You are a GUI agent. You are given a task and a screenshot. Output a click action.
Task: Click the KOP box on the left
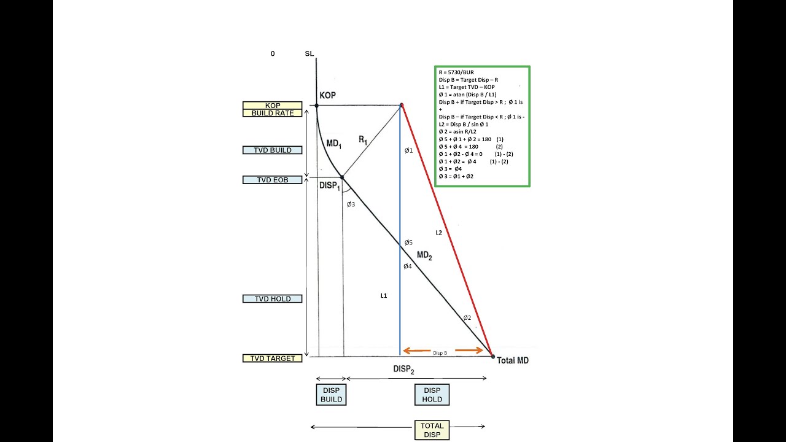pyautogui.click(x=273, y=106)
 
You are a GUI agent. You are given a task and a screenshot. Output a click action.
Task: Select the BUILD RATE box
pyautogui.click(x=273, y=113)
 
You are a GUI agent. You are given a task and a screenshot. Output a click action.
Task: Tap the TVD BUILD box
pyautogui.click(x=273, y=150)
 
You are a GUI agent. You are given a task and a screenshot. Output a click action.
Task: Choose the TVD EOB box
pyautogui.click(x=273, y=180)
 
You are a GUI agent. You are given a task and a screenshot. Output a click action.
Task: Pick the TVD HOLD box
pyautogui.click(x=273, y=299)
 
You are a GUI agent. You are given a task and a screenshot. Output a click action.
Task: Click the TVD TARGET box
pyautogui.click(x=273, y=358)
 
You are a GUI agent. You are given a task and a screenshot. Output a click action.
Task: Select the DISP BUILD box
pyautogui.click(x=331, y=394)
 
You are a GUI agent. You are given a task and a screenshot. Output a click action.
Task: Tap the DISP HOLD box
pyautogui.click(x=432, y=394)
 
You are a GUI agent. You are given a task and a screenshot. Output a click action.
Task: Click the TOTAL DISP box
pyautogui.click(x=432, y=430)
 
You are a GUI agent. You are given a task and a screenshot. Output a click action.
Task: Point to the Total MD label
pyautogui.click(x=513, y=360)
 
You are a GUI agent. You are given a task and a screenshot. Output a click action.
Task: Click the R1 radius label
pyautogui.click(x=363, y=141)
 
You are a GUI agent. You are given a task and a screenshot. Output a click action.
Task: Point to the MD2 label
pyautogui.click(x=424, y=255)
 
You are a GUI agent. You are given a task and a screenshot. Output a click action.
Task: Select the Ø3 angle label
pyautogui.click(x=351, y=204)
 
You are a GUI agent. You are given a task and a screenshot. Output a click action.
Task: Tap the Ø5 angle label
pyautogui.click(x=408, y=242)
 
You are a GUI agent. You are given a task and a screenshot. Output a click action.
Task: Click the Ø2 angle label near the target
pyautogui.click(x=467, y=317)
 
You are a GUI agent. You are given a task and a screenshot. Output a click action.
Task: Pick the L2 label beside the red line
pyautogui.click(x=438, y=233)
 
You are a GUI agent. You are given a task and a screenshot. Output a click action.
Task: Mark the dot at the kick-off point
pyautogui.click(x=317, y=106)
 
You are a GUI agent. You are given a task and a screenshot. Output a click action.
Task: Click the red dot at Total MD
pyautogui.click(x=492, y=356)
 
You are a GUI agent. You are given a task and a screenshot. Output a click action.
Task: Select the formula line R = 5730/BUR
pyautogui.click(x=456, y=72)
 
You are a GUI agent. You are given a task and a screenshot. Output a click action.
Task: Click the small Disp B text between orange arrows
pyautogui.click(x=440, y=353)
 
